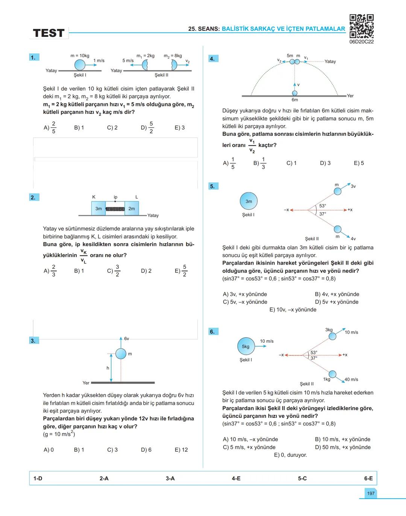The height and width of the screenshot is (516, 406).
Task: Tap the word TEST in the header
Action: (49, 33)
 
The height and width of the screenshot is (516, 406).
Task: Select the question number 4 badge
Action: (212, 59)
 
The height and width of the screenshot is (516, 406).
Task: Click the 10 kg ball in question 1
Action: (80, 65)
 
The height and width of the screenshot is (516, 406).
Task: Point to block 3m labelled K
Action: (98, 209)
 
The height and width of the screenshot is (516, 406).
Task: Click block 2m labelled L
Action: (132, 209)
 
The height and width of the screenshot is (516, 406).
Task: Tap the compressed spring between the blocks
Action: (115, 209)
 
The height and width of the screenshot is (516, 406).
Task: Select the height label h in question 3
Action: (108, 368)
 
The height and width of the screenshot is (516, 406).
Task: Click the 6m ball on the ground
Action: (295, 93)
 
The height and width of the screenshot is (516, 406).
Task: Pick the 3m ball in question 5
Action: (248, 201)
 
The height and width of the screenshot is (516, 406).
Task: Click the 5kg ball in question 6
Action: (245, 347)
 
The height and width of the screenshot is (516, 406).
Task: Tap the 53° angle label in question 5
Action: (323, 206)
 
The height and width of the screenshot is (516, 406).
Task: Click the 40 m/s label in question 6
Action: (351, 380)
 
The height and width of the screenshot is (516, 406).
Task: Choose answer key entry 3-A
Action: (170, 478)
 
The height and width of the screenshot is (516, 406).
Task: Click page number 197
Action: (371, 493)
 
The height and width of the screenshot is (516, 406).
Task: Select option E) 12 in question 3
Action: (181, 450)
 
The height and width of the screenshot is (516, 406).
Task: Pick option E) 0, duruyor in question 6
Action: (290, 455)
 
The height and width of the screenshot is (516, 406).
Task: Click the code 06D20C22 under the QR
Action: (361, 42)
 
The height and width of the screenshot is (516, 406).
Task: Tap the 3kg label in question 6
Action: (329, 330)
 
